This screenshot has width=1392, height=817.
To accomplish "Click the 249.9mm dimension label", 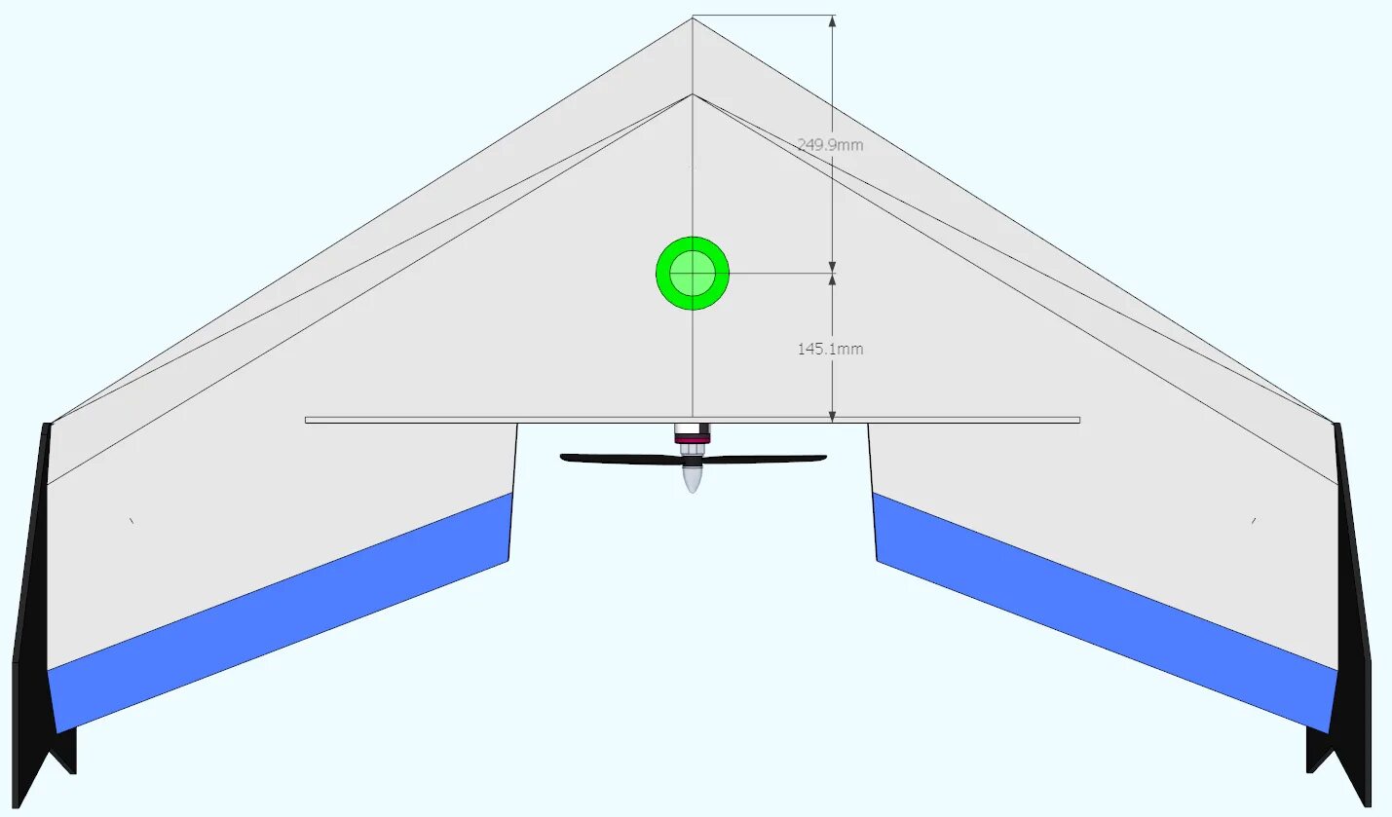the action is (x=830, y=145).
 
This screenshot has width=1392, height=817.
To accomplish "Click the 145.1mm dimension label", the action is (x=830, y=349).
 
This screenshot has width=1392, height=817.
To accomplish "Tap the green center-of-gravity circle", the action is (x=693, y=274).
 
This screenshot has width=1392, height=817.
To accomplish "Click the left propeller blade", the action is (x=619, y=458).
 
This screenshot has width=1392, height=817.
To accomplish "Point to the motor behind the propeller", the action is (x=692, y=435).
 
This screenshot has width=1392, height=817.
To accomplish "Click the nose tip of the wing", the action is (x=693, y=19).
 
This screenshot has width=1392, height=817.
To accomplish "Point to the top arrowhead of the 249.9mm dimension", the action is (x=832, y=21).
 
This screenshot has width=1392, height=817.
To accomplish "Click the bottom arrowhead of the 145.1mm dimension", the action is (x=832, y=416).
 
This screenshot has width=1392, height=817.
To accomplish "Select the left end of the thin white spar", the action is (x=309, y=420).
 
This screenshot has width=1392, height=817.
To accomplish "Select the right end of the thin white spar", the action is (x=1075, y=420).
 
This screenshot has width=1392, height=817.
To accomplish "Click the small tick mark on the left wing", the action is (x=132, y=521).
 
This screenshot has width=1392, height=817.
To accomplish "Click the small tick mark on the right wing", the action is (x=1253, y=521).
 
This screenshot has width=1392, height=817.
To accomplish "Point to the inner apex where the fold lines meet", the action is (x=693, y=94).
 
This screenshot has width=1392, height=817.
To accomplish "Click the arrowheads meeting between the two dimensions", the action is (x=832, y=274).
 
